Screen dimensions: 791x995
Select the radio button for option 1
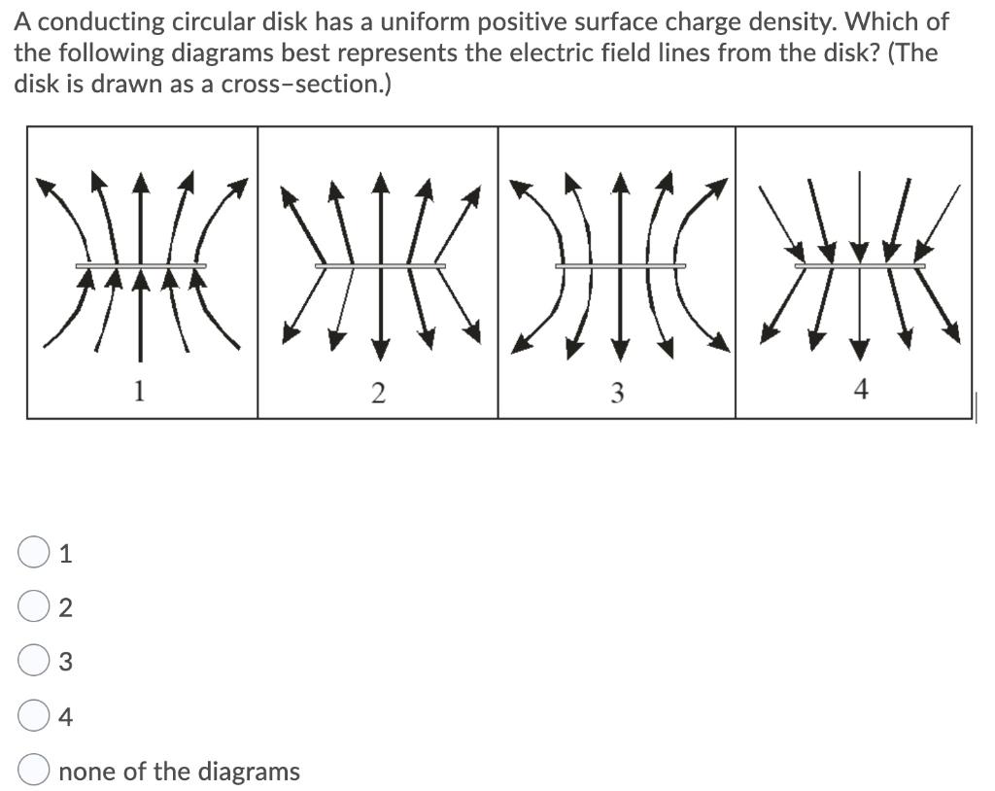coord(33,553)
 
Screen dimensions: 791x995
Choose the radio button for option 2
coord(33,607)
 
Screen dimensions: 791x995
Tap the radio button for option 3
coord(33,662)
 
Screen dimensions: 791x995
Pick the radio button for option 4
coord(33,717)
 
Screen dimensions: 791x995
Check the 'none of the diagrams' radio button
coord(33,772)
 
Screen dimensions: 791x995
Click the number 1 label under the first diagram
coord(140,392)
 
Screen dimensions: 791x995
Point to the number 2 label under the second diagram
coord(378,394)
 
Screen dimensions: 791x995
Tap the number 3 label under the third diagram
coord(617,394)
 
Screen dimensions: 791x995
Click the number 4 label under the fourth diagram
coord(859,390)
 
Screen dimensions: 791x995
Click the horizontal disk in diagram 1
coord(141,265)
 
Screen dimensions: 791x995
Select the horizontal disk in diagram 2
coord(380,265)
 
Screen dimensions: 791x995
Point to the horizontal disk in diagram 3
coord(620,265)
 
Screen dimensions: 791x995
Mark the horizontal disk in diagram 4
coord(859,265)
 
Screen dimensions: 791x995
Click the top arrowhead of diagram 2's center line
coord(381,182)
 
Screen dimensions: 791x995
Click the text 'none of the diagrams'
coord(180,772)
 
